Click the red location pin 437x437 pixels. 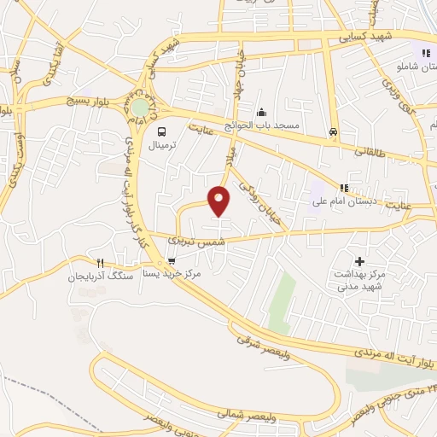point(219,200)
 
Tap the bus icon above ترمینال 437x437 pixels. point(161,131)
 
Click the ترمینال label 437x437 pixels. point(161,146)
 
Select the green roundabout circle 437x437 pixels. point(138,108)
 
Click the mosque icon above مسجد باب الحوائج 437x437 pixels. point(262,113)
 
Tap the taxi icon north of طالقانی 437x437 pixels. point(333,132)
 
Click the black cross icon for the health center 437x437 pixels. point(359,260)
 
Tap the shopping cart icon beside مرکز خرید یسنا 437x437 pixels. point(172,261)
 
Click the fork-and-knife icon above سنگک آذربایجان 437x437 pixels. point(101,262)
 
